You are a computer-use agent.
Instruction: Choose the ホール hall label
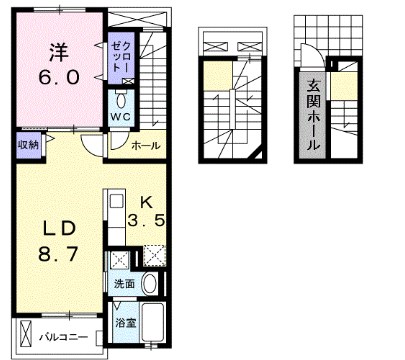(x=146, y=145)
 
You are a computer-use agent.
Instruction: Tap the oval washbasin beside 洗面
(x=150, y=284)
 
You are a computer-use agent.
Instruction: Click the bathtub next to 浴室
(x=154, y=322)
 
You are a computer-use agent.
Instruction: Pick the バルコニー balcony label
(x=62, y=336)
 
